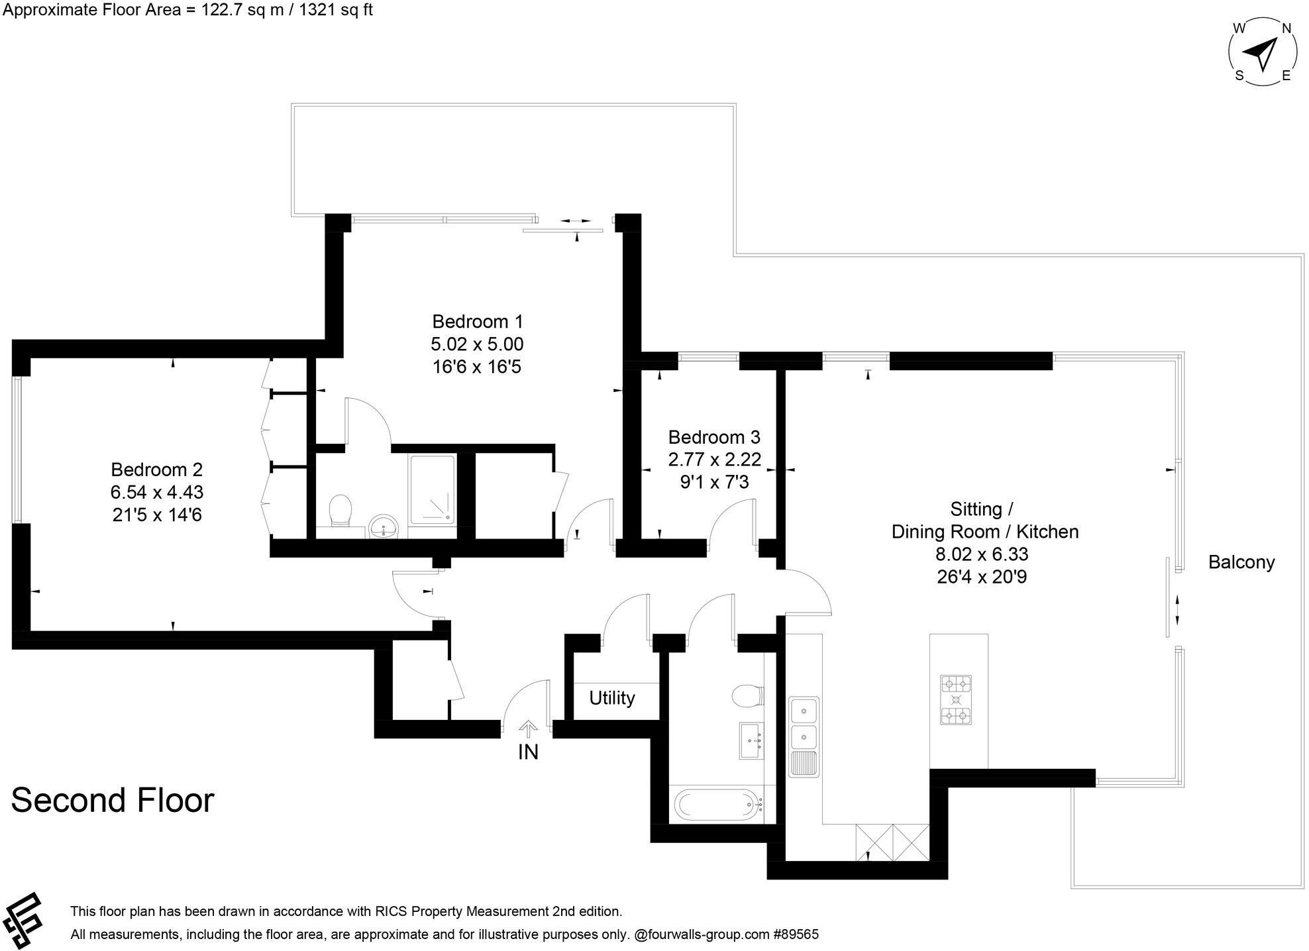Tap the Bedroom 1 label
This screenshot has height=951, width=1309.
click(477, 322)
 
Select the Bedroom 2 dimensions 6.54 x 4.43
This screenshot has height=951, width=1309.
click(157, 492)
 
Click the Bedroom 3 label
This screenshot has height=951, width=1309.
click(713, 437)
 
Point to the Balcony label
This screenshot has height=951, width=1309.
click(1241, 562)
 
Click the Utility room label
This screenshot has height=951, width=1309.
click(611, 698)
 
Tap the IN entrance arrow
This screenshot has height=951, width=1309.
click(528, 730)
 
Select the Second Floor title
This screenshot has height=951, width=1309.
click(113, 800)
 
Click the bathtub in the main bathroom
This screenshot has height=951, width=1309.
click(719, 805)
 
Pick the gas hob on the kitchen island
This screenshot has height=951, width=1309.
click(955, 699)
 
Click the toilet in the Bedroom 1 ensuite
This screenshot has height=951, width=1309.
click(341, 511)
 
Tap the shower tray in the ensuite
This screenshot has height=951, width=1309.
click(432, 490)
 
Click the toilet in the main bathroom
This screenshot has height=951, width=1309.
click(749, 696)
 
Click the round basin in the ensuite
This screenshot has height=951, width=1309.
click(383, 526)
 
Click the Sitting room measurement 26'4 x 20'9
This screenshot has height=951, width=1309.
click(981, 577)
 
